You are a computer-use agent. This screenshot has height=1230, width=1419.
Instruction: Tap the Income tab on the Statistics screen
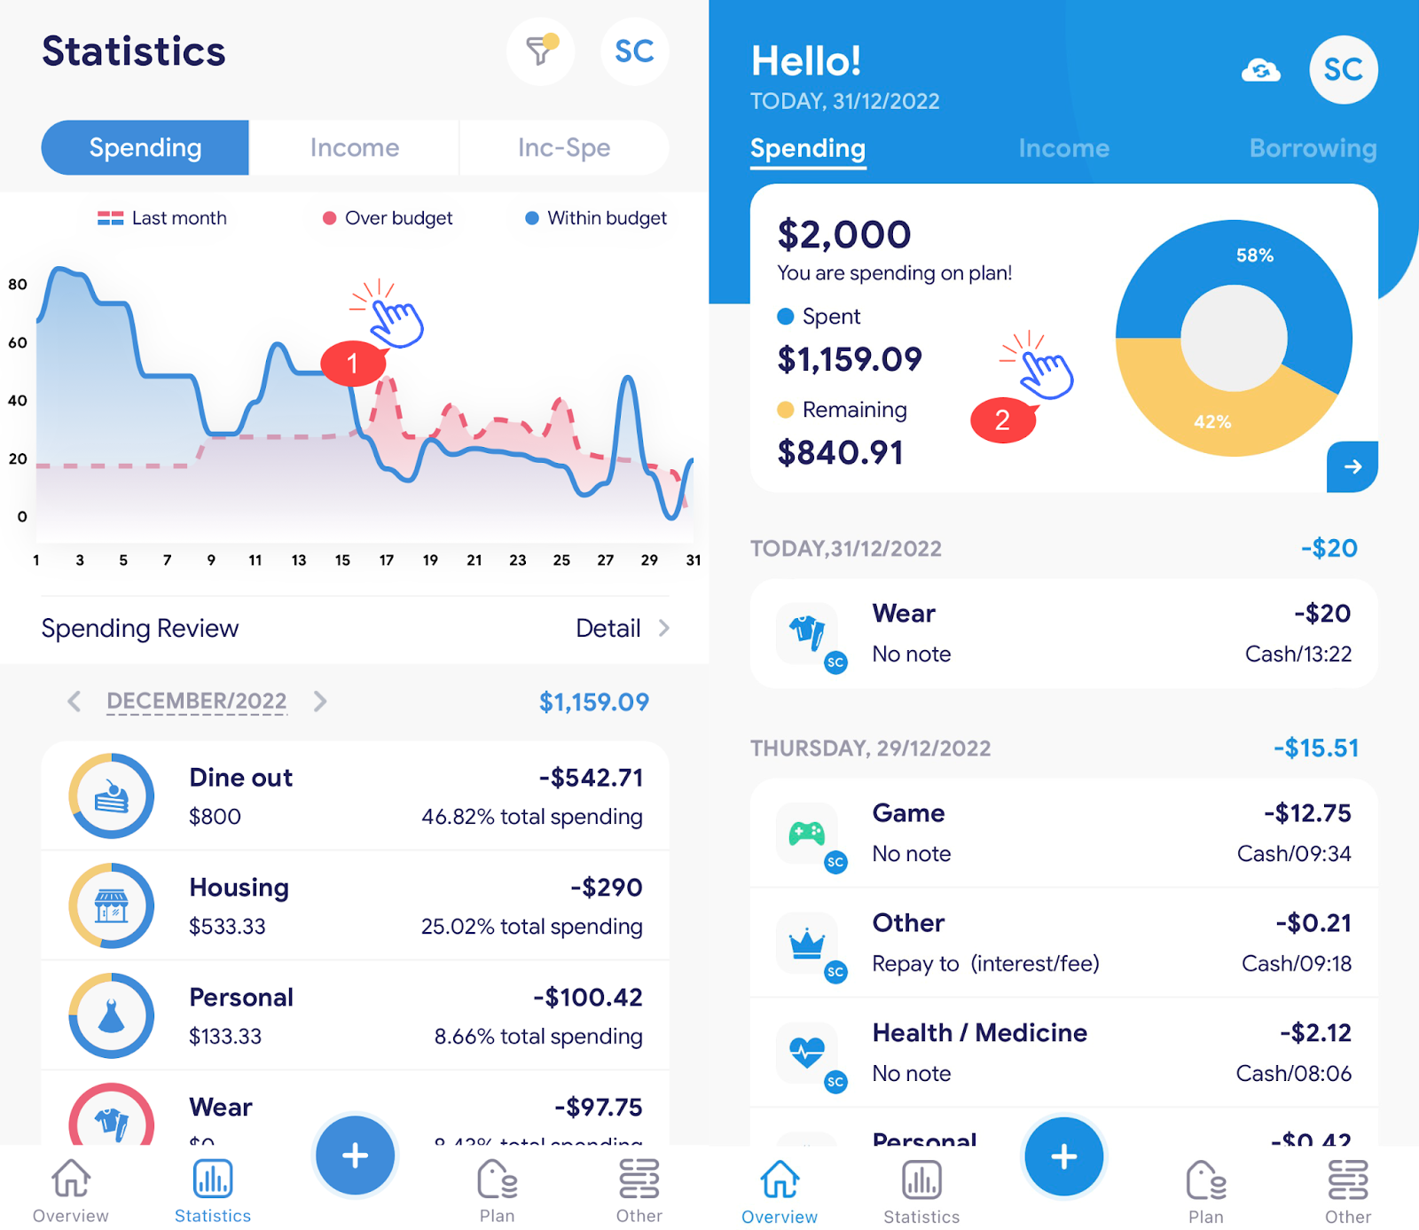click(354, 148)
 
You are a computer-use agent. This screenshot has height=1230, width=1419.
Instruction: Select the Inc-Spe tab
click(564, 148)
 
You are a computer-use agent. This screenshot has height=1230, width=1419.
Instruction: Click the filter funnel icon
click(539, 51)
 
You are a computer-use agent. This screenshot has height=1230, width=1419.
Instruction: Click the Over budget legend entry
click(388, 218)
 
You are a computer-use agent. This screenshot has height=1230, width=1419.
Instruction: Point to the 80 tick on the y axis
click(18, 285)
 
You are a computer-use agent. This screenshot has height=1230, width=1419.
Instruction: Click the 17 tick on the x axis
click(387, 560)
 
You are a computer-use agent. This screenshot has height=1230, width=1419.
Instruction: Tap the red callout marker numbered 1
click(352, 364)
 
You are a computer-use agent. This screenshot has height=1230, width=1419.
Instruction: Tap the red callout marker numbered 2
click(1002, 419)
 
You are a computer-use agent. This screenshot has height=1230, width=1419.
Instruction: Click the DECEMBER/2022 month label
click(197, 701)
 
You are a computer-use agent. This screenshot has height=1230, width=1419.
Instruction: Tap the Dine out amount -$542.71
click(591, 778)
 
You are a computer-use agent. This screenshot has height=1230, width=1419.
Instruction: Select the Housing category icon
click(112, 905)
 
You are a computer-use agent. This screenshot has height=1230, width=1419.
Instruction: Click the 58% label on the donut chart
click(1255, 255)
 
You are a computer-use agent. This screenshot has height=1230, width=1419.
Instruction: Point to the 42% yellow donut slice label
click(1212, 422)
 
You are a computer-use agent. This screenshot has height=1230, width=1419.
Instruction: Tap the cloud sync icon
click(1260, 70)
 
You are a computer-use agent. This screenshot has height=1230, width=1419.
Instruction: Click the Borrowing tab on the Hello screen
click(1313, 148)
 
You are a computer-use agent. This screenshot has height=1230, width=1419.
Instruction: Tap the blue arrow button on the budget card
click(1352, 466)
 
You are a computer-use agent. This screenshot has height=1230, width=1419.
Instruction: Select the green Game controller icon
click(807, 834)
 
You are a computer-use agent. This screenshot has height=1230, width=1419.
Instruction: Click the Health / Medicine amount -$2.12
click(1315, 1033)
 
